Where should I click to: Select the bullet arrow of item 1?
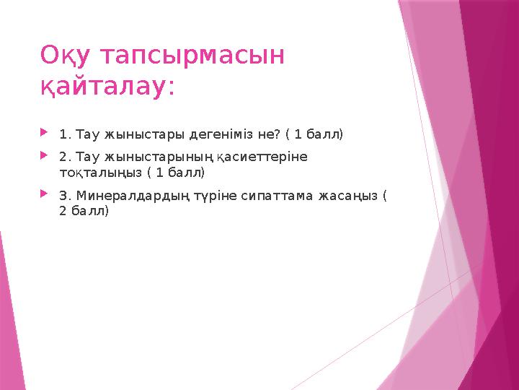45,133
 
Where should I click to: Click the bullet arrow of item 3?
45,194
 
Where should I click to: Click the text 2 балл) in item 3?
84,211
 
